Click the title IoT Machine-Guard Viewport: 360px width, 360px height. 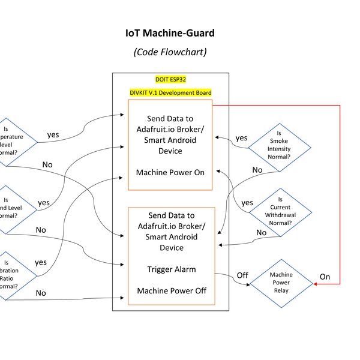click(170, 33)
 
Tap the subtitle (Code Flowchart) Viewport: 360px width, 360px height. click(170, 52)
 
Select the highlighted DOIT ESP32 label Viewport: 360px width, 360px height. click(170, 79)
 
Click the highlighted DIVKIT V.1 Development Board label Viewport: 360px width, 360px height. click(170, 92)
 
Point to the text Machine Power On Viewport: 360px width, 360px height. click(170, 172)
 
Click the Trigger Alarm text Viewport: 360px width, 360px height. click(170, 269)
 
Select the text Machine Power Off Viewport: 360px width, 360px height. click(170, 290)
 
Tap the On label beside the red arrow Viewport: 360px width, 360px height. click(325, 277)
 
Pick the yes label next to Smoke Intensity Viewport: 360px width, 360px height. click(241, 138)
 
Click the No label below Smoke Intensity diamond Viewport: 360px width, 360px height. click(257, 170)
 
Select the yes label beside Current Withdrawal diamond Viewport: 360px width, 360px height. click(247, 203)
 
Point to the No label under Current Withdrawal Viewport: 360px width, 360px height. click(262, 233)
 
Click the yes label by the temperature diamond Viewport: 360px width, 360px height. click(53, 134)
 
